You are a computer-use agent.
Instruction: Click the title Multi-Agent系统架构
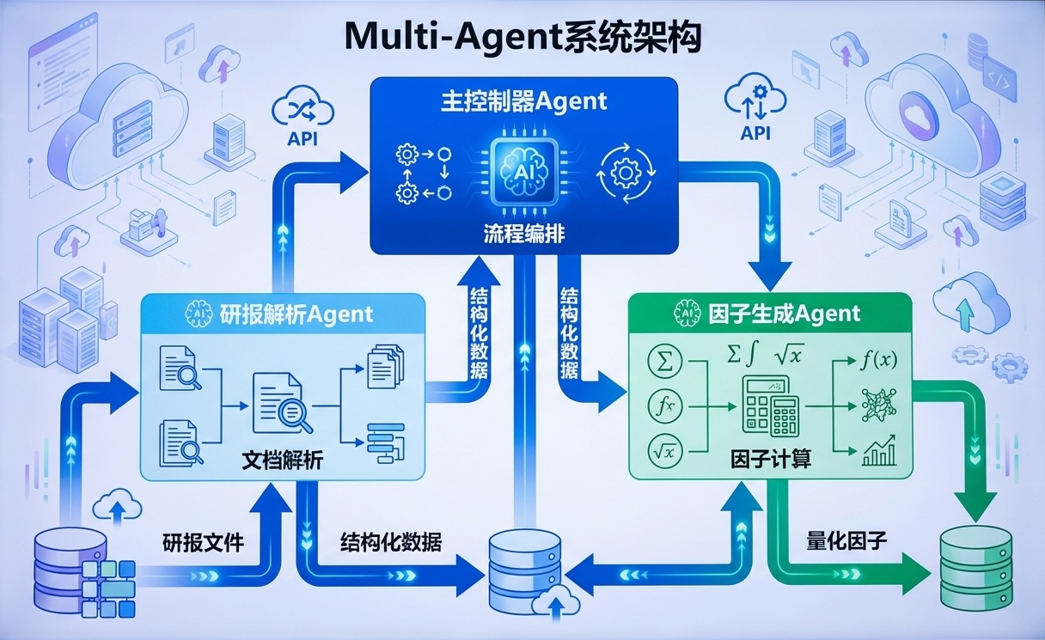click(522, 39)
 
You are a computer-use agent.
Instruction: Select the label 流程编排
click(523, 232)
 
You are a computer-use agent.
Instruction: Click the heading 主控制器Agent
click(522, 101)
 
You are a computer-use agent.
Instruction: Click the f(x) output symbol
click(877, 360)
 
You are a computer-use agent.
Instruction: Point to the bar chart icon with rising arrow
click(878, 450)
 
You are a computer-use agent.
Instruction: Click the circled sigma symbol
click(665, 361)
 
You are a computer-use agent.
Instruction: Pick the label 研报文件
click(204, 543)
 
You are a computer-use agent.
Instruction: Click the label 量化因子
click(846, 542)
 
